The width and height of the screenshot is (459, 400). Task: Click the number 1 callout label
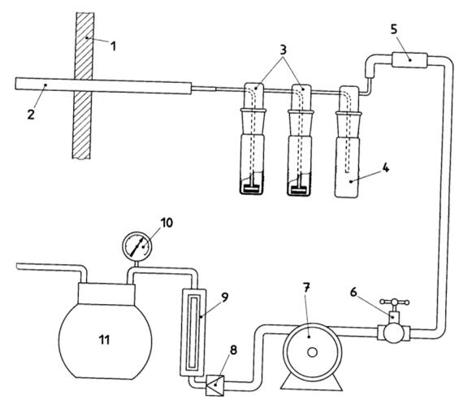113,46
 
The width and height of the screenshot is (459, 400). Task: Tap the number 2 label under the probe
31,114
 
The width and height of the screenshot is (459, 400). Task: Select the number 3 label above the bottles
283,50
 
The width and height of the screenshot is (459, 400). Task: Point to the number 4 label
386,167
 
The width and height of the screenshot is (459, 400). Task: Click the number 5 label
394,29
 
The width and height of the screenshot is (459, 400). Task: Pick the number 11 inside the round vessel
104,340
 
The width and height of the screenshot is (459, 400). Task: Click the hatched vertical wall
82,85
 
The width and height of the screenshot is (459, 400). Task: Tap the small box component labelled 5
409,60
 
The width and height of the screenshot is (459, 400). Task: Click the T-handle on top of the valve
394,302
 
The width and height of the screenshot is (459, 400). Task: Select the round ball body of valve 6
394,333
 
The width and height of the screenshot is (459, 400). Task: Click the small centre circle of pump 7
312,352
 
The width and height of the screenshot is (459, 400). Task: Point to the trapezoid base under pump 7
311,384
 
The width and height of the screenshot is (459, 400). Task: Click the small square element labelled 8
215,385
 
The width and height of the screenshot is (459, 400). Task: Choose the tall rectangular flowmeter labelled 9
193,333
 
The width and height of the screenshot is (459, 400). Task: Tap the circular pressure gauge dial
137,246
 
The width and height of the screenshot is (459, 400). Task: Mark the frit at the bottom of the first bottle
252,189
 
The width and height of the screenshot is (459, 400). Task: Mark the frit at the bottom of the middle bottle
299,189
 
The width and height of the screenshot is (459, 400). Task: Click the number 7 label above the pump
306,288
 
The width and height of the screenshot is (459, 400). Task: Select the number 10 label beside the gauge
167,223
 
